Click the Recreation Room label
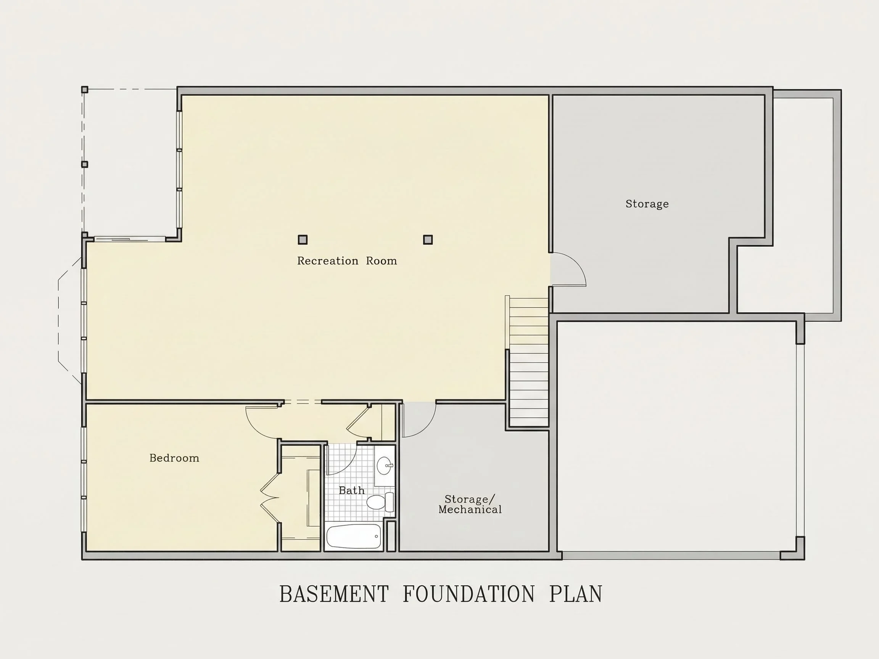click(347, 261)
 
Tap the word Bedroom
click(174, 458)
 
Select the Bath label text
click(352, 490)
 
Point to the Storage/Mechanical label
click(470, 504)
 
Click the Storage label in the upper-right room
click(647, 204)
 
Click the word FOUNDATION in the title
click(469, 594)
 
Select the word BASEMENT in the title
click(334, 594)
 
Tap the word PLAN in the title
click(576, 594)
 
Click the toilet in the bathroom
click(380, 502)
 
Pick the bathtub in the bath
click(354, 536)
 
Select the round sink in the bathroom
click(385, 466)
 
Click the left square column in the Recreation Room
click(303, 239)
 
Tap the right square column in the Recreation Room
click(428, 239)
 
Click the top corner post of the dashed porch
click(85, 89)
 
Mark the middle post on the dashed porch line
click(85, 164)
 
